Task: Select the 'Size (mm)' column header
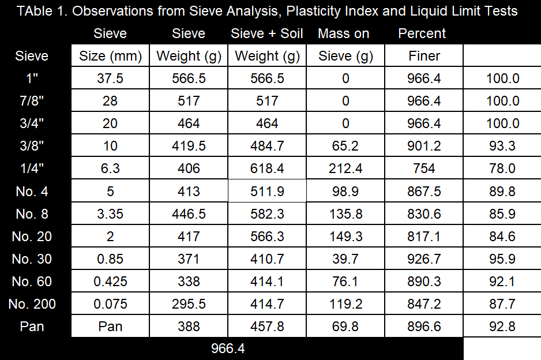tap(110, 57)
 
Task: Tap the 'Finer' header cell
tap(424, 57)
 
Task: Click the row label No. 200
tap(32, 304)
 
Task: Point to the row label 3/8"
tap(32, 146)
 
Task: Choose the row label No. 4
tap(32, 192)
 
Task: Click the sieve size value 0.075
tap(110, 304)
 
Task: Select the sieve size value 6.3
tap(110, 168)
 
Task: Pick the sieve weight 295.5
tap(189, 304)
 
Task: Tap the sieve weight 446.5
tap(189, 214)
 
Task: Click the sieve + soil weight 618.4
tap(267, 168)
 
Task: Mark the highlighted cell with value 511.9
tap(267, 192)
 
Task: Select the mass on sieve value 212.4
tap(345, 168)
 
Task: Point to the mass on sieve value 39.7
tap(345, 259)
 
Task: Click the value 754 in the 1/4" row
tap(424, 168)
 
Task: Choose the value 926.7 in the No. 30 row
tap(424, 259)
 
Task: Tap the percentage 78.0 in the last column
tap(502, 168)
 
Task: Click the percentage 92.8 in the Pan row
tap(502, 327)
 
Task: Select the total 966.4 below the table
tap(228, 349)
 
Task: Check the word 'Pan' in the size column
tap(110, 327)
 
